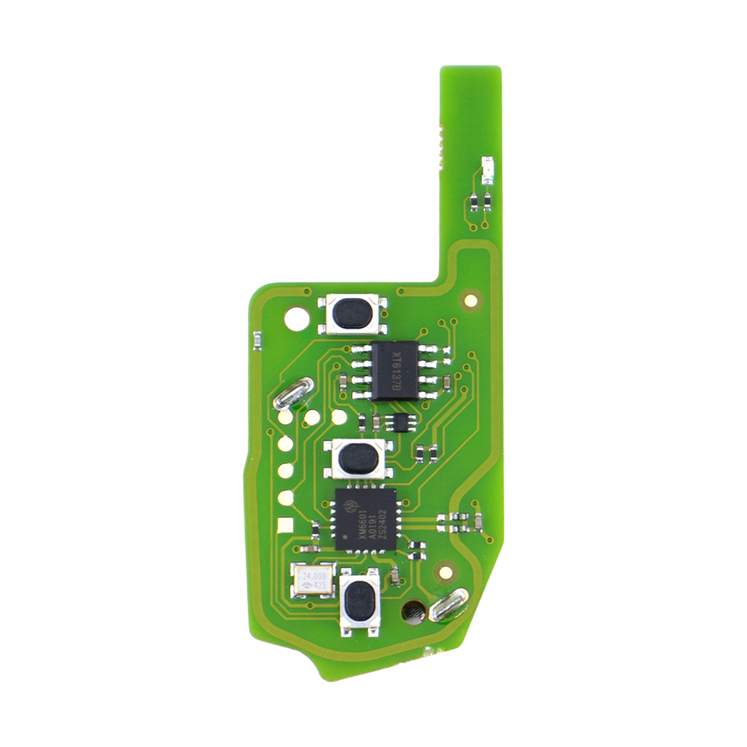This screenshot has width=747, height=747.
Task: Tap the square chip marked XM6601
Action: tap(365, 519)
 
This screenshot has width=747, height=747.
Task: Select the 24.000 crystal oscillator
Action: tap(312, 581)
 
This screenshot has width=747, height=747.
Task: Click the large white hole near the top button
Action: tap(296, 318)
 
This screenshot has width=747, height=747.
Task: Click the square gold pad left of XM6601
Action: tap(284, 526)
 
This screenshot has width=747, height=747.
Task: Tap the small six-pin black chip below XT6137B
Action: tap(402, 421)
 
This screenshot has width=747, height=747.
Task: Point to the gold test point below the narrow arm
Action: tap(470, 300)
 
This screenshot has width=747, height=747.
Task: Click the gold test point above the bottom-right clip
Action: tap(445, 572)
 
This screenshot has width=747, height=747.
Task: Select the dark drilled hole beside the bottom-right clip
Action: tap(411, 611)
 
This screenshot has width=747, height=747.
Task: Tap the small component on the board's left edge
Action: tap(257, 341)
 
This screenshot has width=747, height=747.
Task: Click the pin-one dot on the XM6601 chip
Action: tap(346, 536)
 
